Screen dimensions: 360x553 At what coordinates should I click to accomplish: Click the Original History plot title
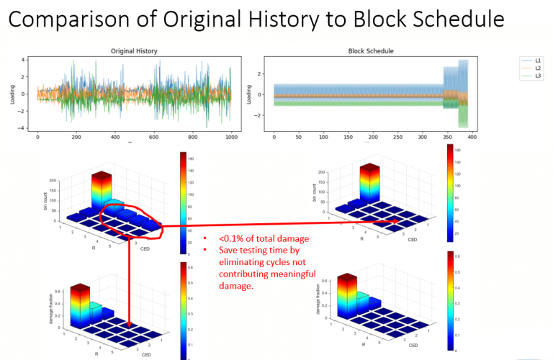134,51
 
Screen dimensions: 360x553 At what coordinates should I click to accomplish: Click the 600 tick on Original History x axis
153,136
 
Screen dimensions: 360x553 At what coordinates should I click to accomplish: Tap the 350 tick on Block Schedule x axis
442,136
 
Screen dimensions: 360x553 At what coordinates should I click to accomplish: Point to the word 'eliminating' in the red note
245,263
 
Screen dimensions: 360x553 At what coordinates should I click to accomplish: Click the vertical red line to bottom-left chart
129,274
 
